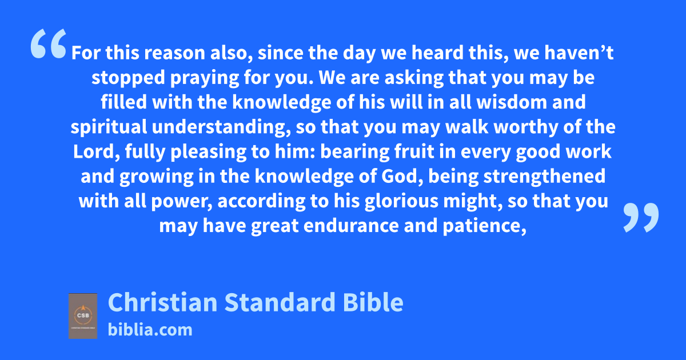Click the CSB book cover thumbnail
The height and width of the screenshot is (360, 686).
click(x=83, y=316)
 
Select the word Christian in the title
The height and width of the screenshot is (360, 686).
click(x=162, y=302)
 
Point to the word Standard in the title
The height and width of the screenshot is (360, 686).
click(x=280, y=302)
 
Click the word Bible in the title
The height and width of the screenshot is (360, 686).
click(x=373, y=302)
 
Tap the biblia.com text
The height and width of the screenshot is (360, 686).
click(x=150, y=330)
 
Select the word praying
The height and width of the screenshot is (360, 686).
click(x=205, y=78)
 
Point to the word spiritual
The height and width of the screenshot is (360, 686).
click(x=109, y=127)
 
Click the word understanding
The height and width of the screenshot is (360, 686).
click(x=220, y=127)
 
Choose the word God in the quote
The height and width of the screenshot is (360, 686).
click(x=400, y=177)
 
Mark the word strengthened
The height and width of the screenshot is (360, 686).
click(x=544, y=177)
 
